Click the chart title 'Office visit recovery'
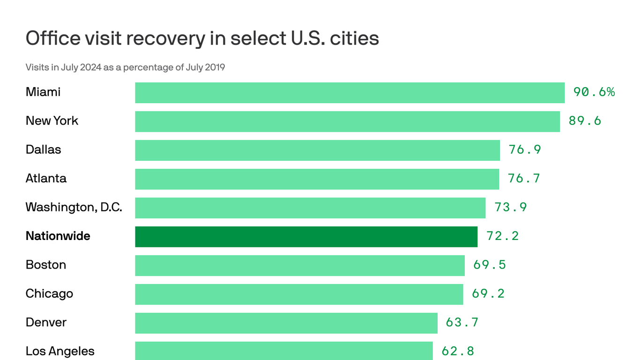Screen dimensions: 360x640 (202, 38)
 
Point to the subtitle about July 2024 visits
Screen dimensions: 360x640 (125, 67)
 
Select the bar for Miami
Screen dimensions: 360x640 (350, 92)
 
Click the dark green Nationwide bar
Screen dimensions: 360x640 (306, 236)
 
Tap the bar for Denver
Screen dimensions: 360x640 (286, 323)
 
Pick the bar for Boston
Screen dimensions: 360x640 (299, 265)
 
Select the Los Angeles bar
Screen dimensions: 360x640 (283, 351)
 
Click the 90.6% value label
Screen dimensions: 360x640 (594, 92)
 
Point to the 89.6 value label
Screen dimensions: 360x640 (585, 121)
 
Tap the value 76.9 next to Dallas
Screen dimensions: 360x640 (525, 150)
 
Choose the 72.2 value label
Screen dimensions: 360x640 (502, 236)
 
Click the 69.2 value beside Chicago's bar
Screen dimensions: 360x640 (488, 294)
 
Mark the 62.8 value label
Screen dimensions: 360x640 (458, 351)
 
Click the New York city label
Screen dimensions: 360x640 (52, 121)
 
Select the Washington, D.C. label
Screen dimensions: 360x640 (74, 208)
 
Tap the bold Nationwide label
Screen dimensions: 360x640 (58, 236)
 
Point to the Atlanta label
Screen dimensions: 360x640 (46, 179)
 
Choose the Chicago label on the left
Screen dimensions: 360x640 (49, 294)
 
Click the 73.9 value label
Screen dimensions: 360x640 (511, 208)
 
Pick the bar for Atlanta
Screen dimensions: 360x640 (317, 179)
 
